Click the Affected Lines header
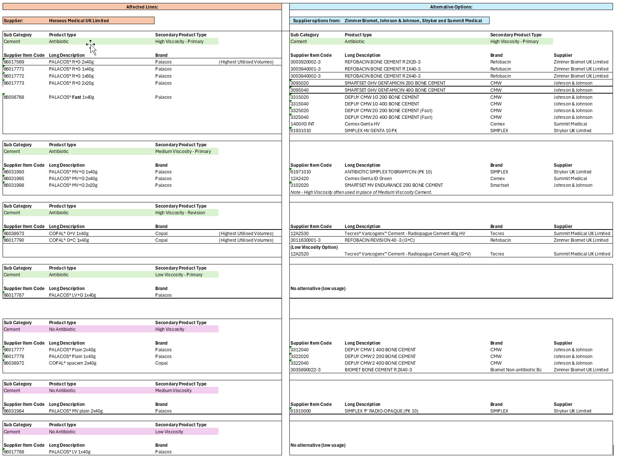pyautogui.click(x=142, y=7)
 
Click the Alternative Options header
pyautogui.click(x=451, y=7)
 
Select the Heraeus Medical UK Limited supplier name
pyautogui.click(x=79, y=21)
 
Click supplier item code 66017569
pyautogui.click(x=14, y=62)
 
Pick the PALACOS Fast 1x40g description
pyautogui.click(x=71, y=97)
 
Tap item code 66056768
pyautogui.click(x=14, y=97)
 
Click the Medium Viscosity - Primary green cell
pyautogui.click(x=183, y=152)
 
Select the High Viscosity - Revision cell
pyautogui.click(x=180, y=213)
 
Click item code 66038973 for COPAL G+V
pyautogui.click(x=14, y=234)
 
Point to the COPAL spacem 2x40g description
pyautogui.click(x=72, y=363)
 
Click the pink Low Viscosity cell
pyautogui.click(x=169, y=432)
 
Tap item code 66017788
pyautogui.click(x=14, y=452)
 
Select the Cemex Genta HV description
pyautogui.click(x=362, y=124)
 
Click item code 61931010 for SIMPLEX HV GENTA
pyautogui.click(x=301, y=131)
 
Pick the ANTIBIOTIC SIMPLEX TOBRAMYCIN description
pyautogui.click(x=388, y=172)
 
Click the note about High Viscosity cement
pyautogui.click(x=361, y=192)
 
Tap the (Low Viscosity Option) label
pyautogui.click(x=314, y=247)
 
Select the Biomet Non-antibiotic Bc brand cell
pyautogui.click(x=516, y=370)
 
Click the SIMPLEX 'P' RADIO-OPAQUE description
pyautogui.click(x=381, y=411)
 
